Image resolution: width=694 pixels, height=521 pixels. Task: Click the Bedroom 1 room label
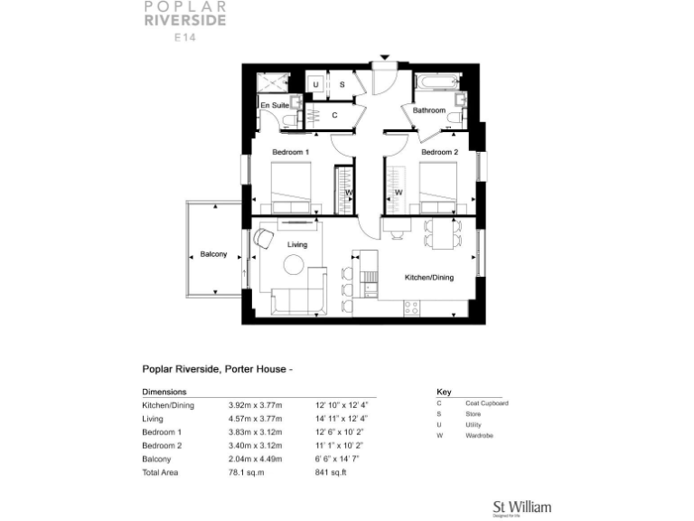point(291,152)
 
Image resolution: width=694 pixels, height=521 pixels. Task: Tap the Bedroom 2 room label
point(439,152)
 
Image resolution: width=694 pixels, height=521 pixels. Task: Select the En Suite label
point(275,106)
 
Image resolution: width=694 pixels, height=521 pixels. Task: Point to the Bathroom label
point(429,110)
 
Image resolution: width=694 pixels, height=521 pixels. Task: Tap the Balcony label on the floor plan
point(213,254)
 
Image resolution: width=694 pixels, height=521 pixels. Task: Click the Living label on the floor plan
point(297,245)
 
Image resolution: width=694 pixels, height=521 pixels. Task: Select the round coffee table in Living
point(295,265)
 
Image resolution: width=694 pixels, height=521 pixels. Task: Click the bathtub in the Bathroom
point(435,83)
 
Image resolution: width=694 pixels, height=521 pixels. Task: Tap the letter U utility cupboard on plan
point(315,84)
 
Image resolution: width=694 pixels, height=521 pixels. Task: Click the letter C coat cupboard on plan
point(334,115)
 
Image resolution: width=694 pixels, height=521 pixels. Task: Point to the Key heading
point(444,393)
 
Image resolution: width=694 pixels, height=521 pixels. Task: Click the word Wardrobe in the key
point(481,436)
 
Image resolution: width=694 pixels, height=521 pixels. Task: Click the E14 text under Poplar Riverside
point(187,37)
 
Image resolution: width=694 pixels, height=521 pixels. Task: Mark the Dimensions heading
point(164,393)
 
